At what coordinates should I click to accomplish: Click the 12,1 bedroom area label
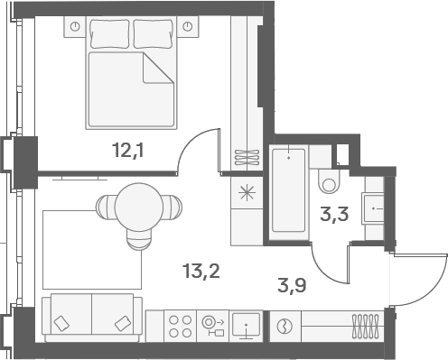tap(127, 151)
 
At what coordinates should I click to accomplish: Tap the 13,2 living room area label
tap(201, 271)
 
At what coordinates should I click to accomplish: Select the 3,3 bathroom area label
tap(334, 214)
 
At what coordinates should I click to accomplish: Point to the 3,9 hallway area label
tap(292, 285)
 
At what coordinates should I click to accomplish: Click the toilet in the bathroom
tap(329, 181)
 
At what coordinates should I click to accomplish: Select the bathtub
tap(288, 190)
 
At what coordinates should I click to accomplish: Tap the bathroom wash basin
tap(373, 208)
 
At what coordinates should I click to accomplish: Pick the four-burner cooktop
tap(180, 327)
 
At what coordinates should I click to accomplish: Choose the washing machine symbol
tap(285, 327)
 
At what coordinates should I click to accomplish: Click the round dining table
tap(139, 207)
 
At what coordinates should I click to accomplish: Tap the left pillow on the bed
tap(109, 33)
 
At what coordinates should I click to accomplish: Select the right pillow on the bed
tap(154, 33)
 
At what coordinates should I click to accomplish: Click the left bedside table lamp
tap(75, 27)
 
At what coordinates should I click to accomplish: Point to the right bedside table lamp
tap(188, 27)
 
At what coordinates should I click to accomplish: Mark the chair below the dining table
tap(139, 239)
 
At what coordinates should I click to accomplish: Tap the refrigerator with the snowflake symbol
tap(247, 193)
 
